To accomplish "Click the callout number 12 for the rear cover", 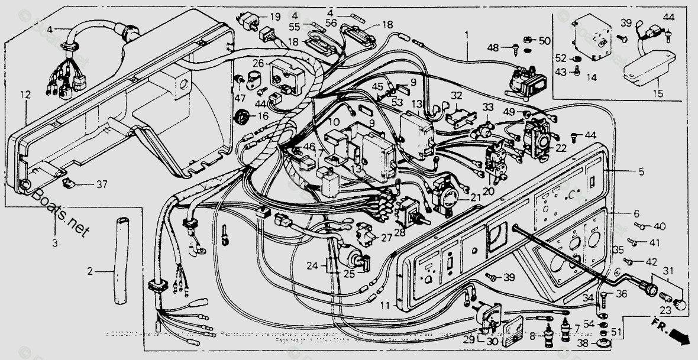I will (x=24, y=95).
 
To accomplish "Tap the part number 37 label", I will (x=102, y=184).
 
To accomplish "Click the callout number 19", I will (x=276, y=17).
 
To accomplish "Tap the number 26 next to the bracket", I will (x=258, y=63).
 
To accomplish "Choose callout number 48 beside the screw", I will (x=493, y=47).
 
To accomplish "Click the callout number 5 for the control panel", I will (x=641, y=172).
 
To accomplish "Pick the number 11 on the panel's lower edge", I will (x=385, y=305).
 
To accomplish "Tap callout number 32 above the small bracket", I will (x=456, y=95).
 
